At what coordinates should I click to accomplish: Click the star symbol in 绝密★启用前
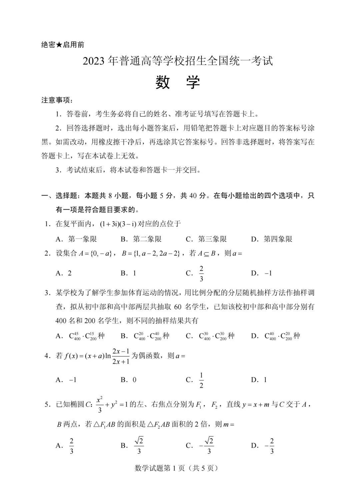(x=59, y=45)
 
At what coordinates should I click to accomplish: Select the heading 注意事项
(x=57, y=100)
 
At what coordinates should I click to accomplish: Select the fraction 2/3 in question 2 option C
(x=201, y=273)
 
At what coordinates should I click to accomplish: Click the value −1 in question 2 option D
(x=268, y=273)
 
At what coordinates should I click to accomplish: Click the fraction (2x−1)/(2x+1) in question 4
(x=121, y=356)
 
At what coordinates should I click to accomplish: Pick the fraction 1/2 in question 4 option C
(x=201, y=380)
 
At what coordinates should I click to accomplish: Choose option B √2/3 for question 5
(x=139, y=446)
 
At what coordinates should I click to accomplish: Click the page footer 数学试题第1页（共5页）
(x=176, y=468)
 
